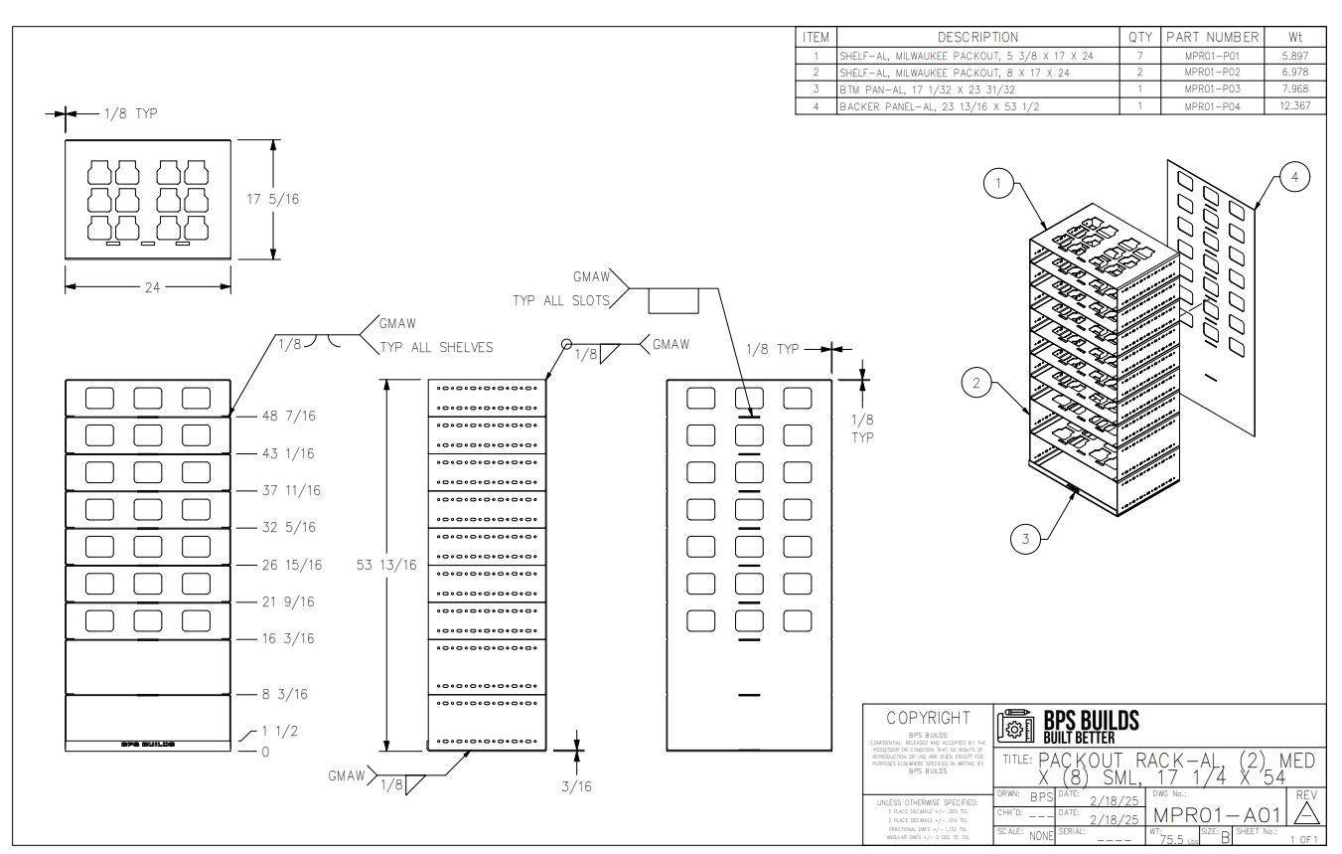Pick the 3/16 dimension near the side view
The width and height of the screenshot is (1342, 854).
click(577, 786)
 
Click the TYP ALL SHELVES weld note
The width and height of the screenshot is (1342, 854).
click(436, 348)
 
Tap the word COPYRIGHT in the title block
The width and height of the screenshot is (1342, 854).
click(927, 717)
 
